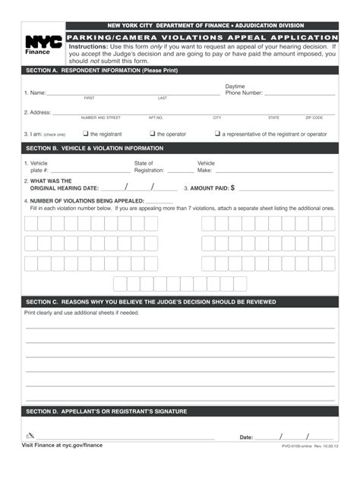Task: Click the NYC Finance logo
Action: point(43,46)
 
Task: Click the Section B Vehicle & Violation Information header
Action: point(95,149)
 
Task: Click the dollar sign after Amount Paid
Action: point(232,187)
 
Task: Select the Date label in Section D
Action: point(246,438)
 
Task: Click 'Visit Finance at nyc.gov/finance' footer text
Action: point(62,445)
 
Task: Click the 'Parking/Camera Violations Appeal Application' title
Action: point(201,37)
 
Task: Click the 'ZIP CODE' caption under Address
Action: point(314,118)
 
